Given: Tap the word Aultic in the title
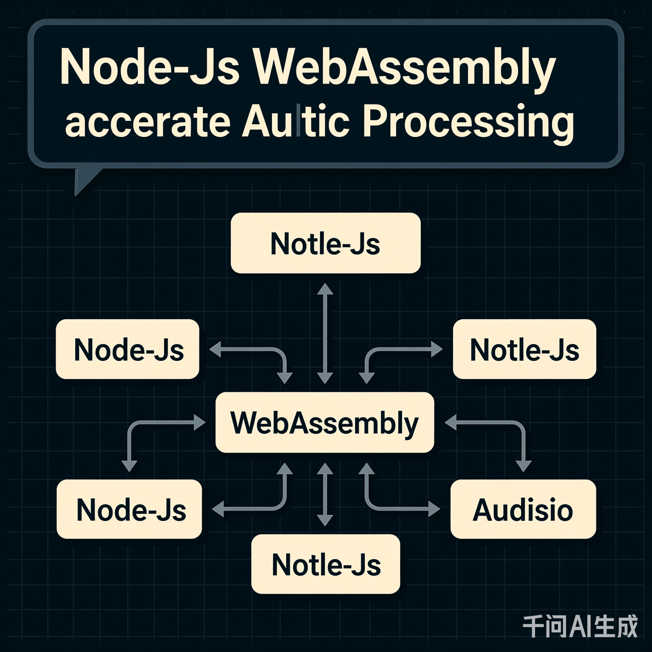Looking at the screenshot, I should tap(295, 122).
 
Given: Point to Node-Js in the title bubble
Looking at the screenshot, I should tap(149, 68).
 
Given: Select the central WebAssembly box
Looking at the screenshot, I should tap(325, 423).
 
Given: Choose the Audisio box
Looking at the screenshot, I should tap(523, 510).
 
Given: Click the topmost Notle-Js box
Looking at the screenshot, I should tap(326, 244).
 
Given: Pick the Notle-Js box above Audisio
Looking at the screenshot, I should tap(524, 350).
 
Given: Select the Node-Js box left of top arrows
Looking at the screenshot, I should tap(128, 350).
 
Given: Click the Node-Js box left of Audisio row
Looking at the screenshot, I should tap(130, 510).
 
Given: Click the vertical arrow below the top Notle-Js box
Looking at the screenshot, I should tap(325, 333).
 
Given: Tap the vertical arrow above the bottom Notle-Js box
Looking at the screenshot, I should tap(325, 494).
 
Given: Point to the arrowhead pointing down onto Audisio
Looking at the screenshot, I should tap(523, 465).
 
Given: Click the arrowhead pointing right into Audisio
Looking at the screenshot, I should tap(434, 509).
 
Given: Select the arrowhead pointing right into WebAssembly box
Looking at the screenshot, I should tap(200, 422).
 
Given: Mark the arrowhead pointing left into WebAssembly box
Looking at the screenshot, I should tap(451, 422).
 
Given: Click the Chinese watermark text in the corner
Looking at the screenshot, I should tap(580, 626).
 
